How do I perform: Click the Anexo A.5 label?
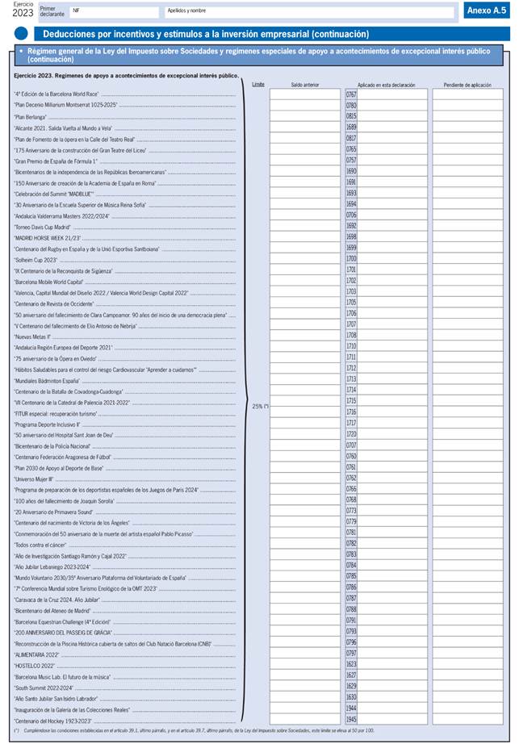[x=487, y=10]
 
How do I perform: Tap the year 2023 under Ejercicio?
[x=23, y=13]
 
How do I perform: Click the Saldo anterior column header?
[x=304, y=84]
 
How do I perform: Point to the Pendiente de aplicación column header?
[x=467, y=84]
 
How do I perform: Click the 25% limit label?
[x=260, y=406]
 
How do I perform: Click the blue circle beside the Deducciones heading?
[x=22, y=34]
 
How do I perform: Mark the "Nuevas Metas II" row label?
[x=32, y=336]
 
